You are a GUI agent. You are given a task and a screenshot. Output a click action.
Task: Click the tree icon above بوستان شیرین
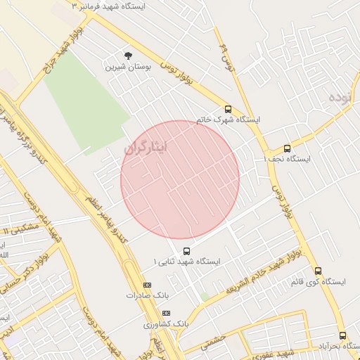click(127, 56)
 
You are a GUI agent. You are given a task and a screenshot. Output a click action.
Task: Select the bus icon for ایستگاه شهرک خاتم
click(228, 109)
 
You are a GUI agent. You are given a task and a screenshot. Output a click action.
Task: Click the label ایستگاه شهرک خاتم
click(228, 120)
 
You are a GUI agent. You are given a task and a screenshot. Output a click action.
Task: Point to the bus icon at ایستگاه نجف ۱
click(287, 148)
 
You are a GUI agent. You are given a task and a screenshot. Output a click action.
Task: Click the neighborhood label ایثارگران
click(146, 148)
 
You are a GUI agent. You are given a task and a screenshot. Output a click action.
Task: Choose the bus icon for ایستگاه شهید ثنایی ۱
click(186, 250)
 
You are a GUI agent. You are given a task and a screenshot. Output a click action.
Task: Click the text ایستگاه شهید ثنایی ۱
click(187, 262)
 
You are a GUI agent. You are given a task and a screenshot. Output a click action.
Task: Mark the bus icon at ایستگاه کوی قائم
click(318, 271)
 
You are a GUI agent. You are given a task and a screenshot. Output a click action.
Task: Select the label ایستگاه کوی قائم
click(317, 282)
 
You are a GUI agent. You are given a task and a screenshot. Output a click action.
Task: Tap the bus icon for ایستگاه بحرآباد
click(342, 336)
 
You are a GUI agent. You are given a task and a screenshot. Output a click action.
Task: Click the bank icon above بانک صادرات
click(146, 284)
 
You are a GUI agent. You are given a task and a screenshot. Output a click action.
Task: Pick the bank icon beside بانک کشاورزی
click(166, 312)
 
